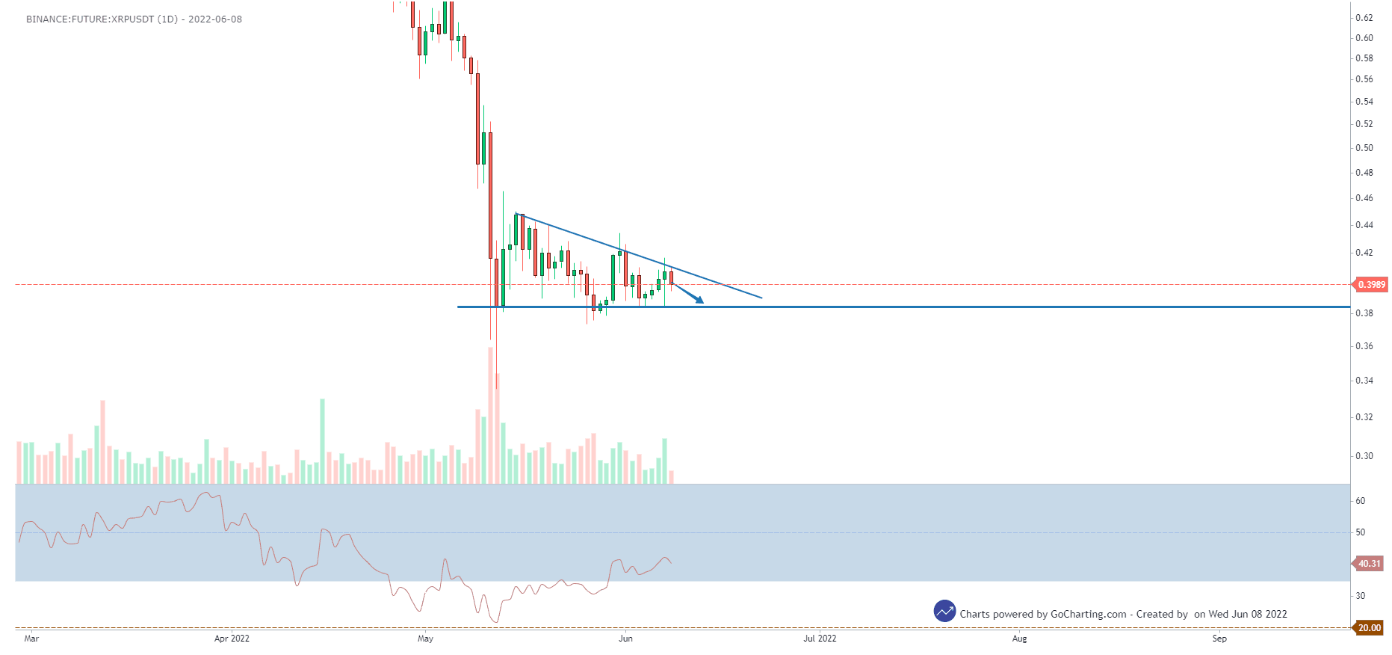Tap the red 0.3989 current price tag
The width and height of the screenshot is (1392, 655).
point(1371,285)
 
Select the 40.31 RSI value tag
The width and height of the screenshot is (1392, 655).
point(1369,564)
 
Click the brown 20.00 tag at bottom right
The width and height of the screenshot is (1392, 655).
point(1369,628)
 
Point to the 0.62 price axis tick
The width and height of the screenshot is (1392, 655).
point(1364,18)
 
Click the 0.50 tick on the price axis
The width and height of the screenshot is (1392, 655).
point(1364,148)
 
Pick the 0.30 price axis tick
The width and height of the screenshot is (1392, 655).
point(1364,456)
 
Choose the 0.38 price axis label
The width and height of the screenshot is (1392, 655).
point(1364,313)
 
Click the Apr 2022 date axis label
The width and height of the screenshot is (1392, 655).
point(232,639)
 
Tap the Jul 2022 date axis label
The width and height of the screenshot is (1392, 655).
point(820,639)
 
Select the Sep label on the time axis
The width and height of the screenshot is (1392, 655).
point(1219,639)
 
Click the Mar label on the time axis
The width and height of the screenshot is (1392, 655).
point(31,639)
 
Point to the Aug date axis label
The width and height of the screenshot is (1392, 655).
point(1019,639)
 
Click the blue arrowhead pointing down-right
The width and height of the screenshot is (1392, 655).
point(699,301)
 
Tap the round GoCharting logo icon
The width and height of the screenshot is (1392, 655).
point(944,611)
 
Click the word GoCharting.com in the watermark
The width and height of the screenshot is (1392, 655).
point(1088,615)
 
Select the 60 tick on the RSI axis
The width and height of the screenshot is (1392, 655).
point(1361,501)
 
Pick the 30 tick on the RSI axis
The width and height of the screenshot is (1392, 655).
point(1361,596)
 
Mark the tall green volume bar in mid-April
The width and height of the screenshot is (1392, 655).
point(323,441)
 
